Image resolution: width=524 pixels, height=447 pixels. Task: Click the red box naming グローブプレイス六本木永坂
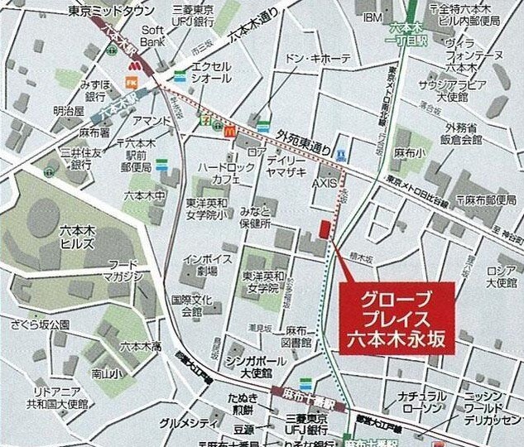397,317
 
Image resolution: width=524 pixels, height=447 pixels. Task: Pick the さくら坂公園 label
47,324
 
